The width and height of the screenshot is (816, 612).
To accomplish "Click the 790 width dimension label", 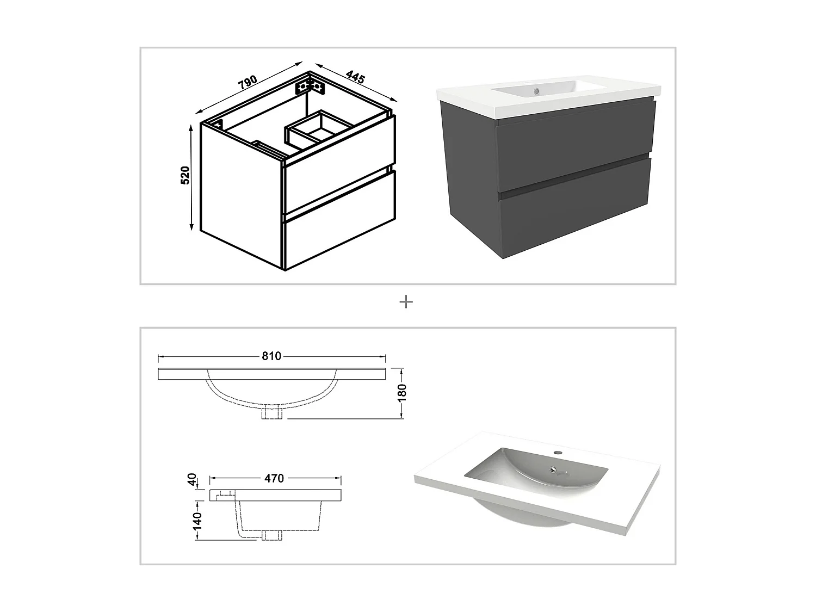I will click(248, 82).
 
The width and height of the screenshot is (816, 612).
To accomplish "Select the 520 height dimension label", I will click(185, 175).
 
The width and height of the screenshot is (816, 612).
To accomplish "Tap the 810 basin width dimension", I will click(271, 356).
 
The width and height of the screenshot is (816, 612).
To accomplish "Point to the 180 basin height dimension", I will click(402, 392).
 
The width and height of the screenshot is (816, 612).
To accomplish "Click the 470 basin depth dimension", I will click(274, 478).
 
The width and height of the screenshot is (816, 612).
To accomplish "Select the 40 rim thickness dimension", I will click(191, 480).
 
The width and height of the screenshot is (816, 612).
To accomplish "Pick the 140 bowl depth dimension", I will click(197, 520).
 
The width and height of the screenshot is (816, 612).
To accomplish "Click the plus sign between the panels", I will click(406, 302).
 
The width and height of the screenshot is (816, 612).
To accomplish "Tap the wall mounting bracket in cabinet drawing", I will click(310, 86).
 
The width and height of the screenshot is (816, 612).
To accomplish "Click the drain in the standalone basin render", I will click(554, 471).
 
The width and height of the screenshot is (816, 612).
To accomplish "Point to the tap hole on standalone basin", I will click(557, 452).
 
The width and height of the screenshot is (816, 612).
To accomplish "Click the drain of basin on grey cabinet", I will click(536, 91).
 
